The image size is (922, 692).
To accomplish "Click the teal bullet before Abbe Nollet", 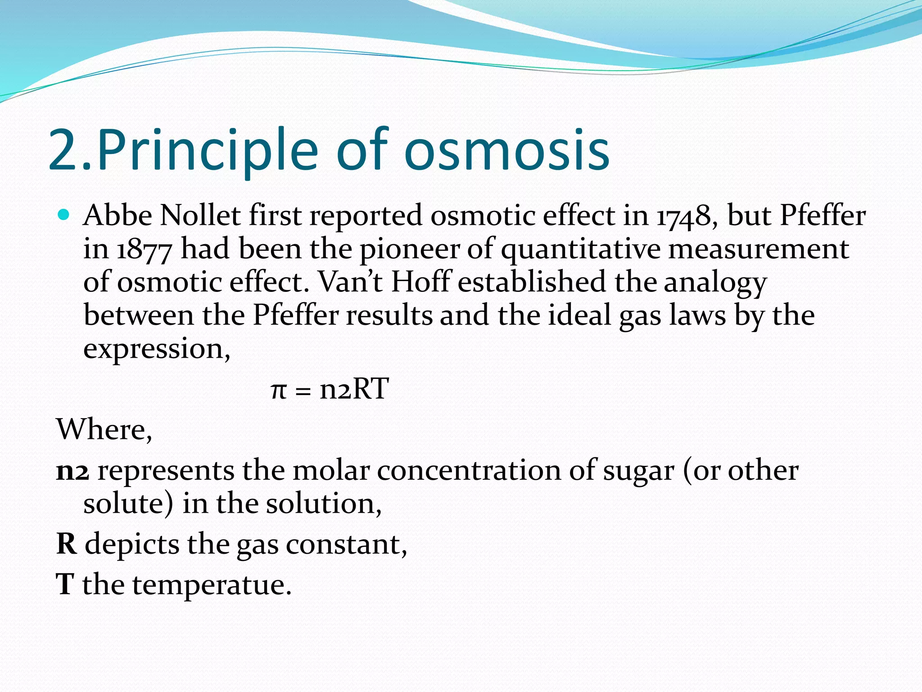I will (x=64, y=215).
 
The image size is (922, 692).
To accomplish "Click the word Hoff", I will (x=420, y=282).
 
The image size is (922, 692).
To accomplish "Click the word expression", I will (x=156, y=350).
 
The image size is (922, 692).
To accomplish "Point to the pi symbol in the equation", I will (x=279, y=390).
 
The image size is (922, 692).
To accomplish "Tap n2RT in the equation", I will (x=354, y=389).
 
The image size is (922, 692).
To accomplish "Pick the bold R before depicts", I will (x=67, y=544).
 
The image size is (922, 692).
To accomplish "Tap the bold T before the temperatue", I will (x=65, y=584).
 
